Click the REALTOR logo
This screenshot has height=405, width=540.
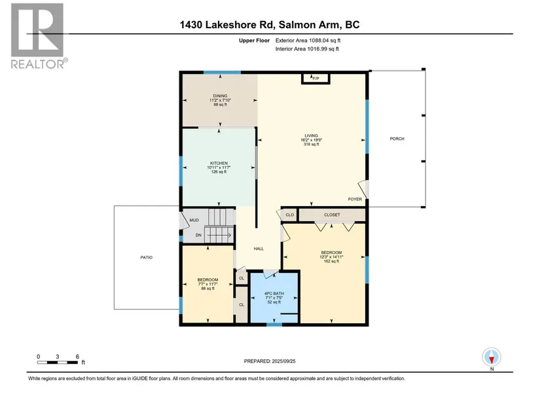pyautogui.click(x=37, y=36)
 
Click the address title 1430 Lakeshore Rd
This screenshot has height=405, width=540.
pyautogui.click(x=226, y=25)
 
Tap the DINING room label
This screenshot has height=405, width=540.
pyautogui.click(x=220, y=96)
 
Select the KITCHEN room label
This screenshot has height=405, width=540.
pyautogui.click(x=219, y=163)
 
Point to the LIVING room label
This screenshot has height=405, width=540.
pyautogui.click(x=311, y=135)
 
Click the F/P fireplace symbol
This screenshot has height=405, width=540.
pyautogui.click(x=315, y=78)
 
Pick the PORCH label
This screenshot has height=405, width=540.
pyautogui.click(x=397, y=139)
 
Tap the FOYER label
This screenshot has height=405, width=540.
pyautogui.click(x=355, y=199)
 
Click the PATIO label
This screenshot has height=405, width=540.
pyautogui.click(x=147, y=257)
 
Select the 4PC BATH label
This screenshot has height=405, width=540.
pyautogui.click(x=274, y=293)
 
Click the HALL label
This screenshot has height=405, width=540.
pyautogui.click(x=259, y=249)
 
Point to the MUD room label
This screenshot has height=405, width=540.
pyautogui.click(x=194, y=220)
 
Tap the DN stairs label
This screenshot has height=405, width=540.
pyautogui.click(x=198, y=236)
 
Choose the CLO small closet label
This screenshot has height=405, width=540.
pyautogui.click(x=289, y=215)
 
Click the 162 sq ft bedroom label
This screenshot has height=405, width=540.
pyautogui.click(x=331, y=262)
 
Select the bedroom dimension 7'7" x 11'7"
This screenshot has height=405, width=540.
pyautogui.click(x=207, y=284)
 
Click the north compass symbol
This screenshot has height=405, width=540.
pyautogui.click(x=492, y=357)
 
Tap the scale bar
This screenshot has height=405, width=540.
pyautogui.click(x=57, y=362)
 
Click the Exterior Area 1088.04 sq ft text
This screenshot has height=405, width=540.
pyautogui.click(x=308, y=41)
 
